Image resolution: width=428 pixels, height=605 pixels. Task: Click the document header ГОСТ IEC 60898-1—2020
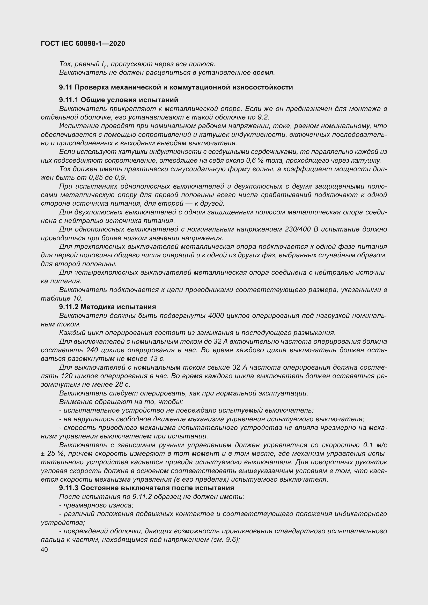[83, 43]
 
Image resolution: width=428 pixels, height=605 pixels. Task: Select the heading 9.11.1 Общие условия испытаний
[119, 100]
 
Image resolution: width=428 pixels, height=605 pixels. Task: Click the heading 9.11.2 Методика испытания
[108, 307]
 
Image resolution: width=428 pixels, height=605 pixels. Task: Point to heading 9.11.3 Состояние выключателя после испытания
[146, 488]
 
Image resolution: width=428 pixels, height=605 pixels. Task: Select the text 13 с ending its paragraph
[157, 358]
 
